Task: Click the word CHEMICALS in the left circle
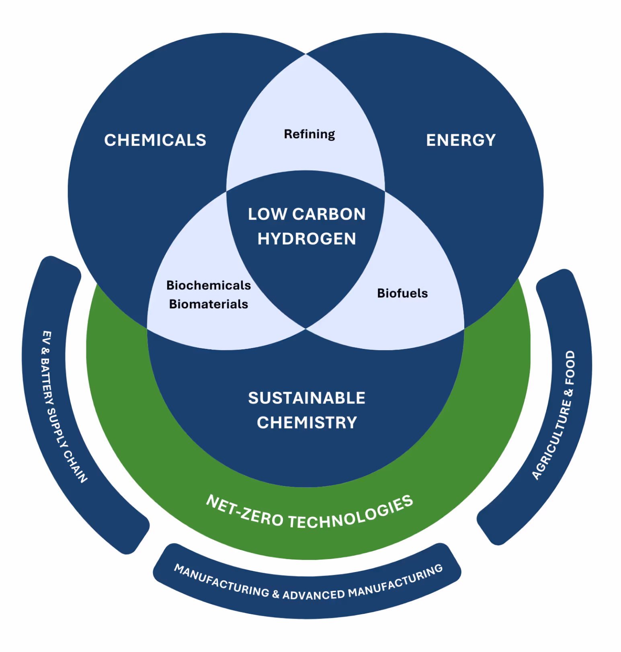point(155,140)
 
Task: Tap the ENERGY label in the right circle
point(461,140)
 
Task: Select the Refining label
point(309,134)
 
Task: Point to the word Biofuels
point(402,293)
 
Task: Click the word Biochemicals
point(209,285)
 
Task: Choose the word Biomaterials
point(209,304)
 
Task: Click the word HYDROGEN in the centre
point(307,239)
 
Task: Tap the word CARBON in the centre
point(329,214)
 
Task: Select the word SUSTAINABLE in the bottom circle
point(307,398)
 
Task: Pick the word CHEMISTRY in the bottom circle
point(307,423)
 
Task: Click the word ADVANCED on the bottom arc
point(314,595)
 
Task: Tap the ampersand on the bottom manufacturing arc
point(276,594)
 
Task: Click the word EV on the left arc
point(47,338)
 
